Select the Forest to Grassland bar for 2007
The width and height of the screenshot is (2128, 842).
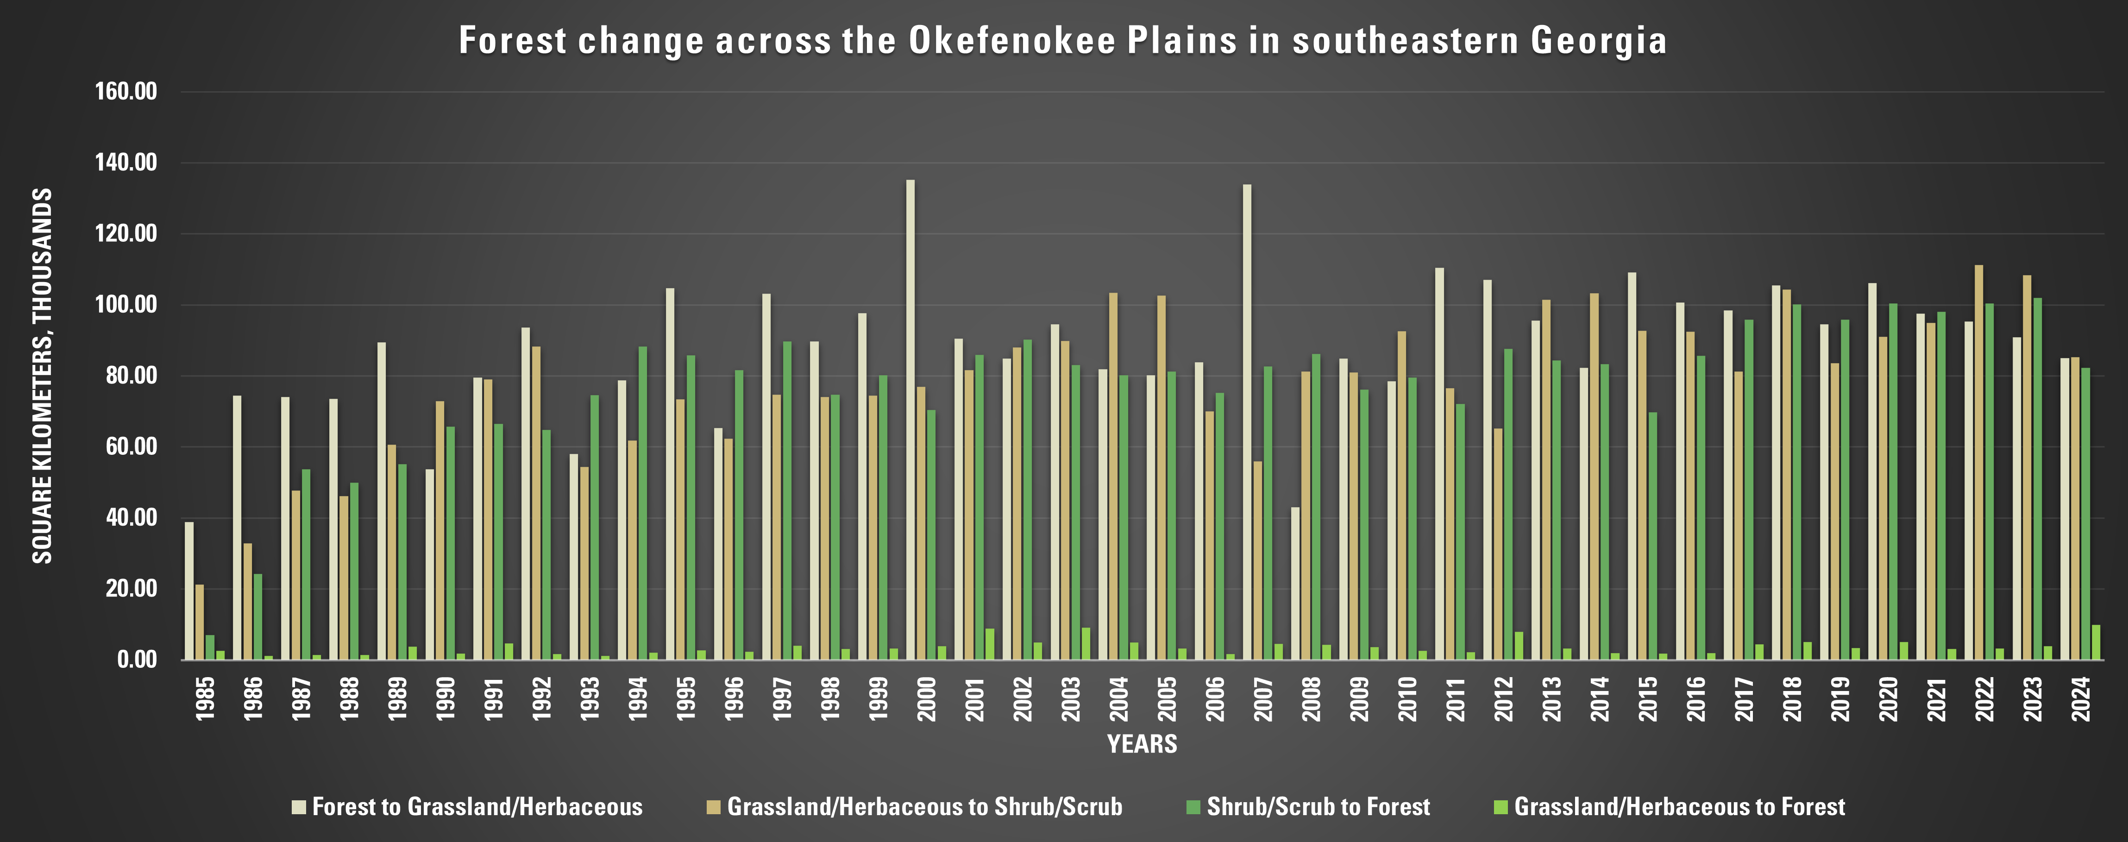[1247, 422]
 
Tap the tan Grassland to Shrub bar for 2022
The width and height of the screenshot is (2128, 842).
[1978, 463]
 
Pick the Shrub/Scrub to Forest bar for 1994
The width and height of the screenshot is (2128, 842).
[643, 503]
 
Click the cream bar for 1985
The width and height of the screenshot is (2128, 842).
[189, 591]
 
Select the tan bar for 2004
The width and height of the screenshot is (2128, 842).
[1114, 476]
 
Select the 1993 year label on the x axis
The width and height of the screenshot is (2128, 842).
[590, 699]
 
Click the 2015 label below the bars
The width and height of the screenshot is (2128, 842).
[1648, 699]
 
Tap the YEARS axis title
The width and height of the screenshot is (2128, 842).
[1142, 744]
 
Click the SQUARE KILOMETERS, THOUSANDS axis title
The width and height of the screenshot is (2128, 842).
[42, 376]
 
